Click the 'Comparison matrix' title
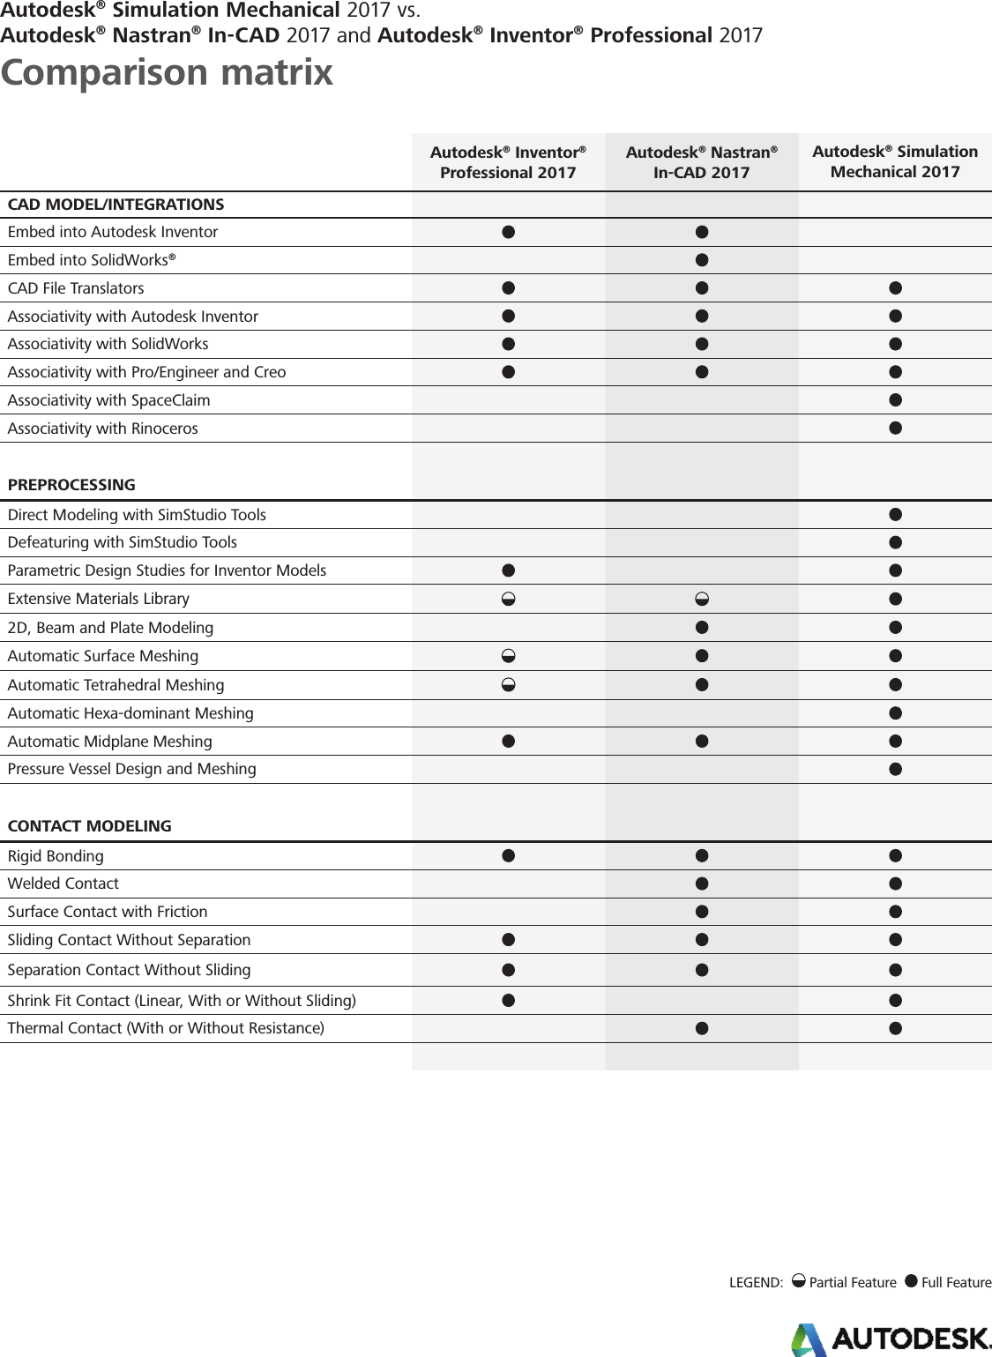click(x=167, y=72)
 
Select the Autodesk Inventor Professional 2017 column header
click(x=508, y=162)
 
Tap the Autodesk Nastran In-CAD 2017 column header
click(x=701, y=162)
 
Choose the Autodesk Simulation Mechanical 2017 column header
click(x=895, y=161)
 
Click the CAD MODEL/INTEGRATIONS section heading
click(x=116, y=205)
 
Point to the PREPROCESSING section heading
click(x=71, y=485)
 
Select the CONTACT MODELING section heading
click(x=89, y=826)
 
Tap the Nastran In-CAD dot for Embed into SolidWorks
click(x=702, y=260)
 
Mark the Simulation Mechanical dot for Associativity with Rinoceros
click(x=895, y=429)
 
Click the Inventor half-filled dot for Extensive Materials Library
click(x=508, y=600)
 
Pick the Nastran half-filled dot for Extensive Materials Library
click(x=702, y=600)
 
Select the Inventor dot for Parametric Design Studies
click(x=508, y=570)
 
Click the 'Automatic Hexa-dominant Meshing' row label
click(x=131, y=713)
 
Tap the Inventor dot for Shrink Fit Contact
click(x=508, y=1000)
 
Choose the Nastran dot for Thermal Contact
click(x=702, y=1028)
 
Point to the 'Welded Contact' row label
click(x=63, y=884)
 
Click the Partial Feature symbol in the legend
click(x=798, y=1281)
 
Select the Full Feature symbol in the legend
click(x=911, y=1281)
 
